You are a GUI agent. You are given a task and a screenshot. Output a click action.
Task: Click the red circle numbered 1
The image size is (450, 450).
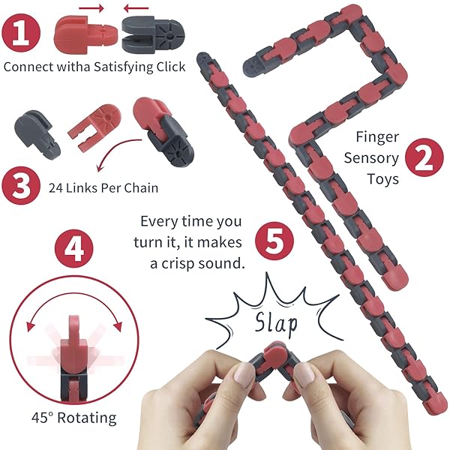pos(21,33)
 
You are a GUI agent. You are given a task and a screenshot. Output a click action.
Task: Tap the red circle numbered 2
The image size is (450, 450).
pos(424,157)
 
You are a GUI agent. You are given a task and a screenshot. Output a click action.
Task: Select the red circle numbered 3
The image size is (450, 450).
pos(21,185)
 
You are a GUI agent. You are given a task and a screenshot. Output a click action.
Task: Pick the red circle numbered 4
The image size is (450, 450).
pos(74,248)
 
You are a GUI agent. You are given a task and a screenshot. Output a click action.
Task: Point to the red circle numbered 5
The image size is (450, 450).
pos(274,241)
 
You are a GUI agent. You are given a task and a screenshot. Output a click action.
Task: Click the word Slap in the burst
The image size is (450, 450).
pos(276,323)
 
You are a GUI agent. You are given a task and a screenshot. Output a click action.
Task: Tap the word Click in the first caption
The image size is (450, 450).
pos(171,67)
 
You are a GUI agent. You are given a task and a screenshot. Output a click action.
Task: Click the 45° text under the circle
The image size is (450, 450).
pos(43,418)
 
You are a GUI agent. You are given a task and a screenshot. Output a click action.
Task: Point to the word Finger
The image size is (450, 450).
pos(377,137)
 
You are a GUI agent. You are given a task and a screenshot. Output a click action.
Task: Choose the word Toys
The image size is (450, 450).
pos(382,179)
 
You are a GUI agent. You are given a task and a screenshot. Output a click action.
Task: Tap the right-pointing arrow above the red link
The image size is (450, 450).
pos(91,8)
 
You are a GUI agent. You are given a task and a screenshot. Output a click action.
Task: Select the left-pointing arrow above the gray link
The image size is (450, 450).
pos(136,8)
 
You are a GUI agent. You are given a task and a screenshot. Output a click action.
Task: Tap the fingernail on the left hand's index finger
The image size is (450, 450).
pos(243,373)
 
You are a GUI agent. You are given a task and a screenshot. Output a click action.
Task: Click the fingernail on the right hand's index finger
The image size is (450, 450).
pos(304,374)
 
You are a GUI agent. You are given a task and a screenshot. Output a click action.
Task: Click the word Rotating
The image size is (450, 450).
pos(87,418)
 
